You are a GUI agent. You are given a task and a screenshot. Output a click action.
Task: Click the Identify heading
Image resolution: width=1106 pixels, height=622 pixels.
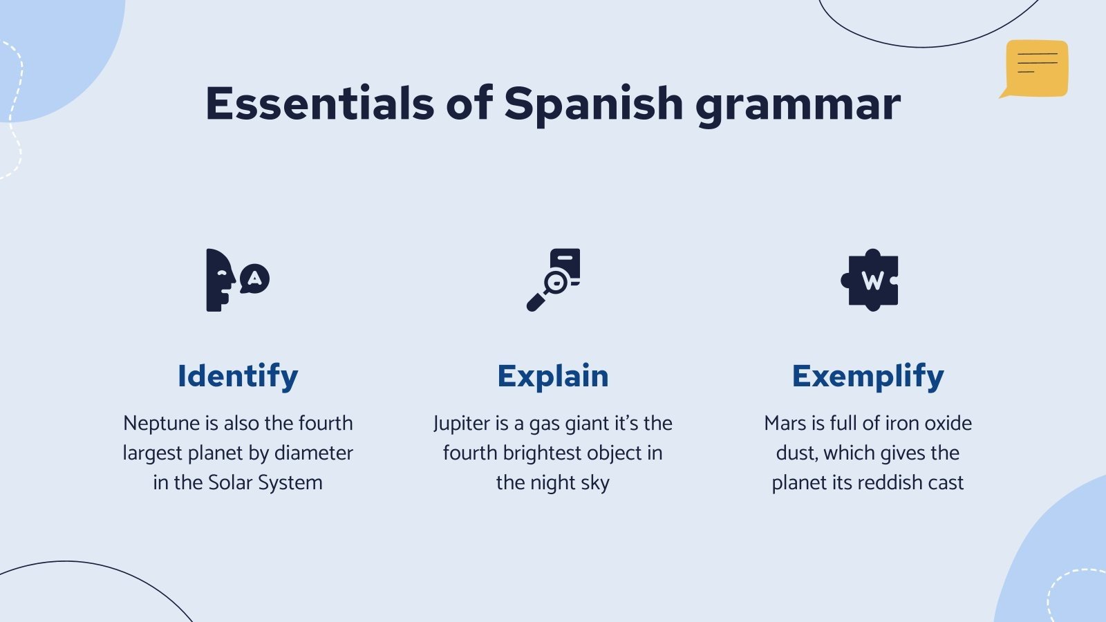pos(238,377)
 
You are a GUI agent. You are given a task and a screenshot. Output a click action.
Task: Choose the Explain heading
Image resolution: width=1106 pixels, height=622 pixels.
pos(553,377)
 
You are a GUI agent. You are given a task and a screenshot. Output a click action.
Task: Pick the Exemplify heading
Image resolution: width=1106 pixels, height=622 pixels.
pos(868,377)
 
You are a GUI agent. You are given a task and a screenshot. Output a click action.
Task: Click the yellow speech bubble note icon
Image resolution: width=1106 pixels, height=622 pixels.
pos(1035,68)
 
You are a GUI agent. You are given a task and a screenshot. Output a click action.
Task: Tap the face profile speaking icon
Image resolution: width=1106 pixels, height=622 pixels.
pos(219,281)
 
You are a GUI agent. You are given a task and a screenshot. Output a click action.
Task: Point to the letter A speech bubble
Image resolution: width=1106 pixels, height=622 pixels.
pos(255,279)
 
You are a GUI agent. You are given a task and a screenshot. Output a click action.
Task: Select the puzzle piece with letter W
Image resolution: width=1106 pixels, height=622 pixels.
pos(870,280)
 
